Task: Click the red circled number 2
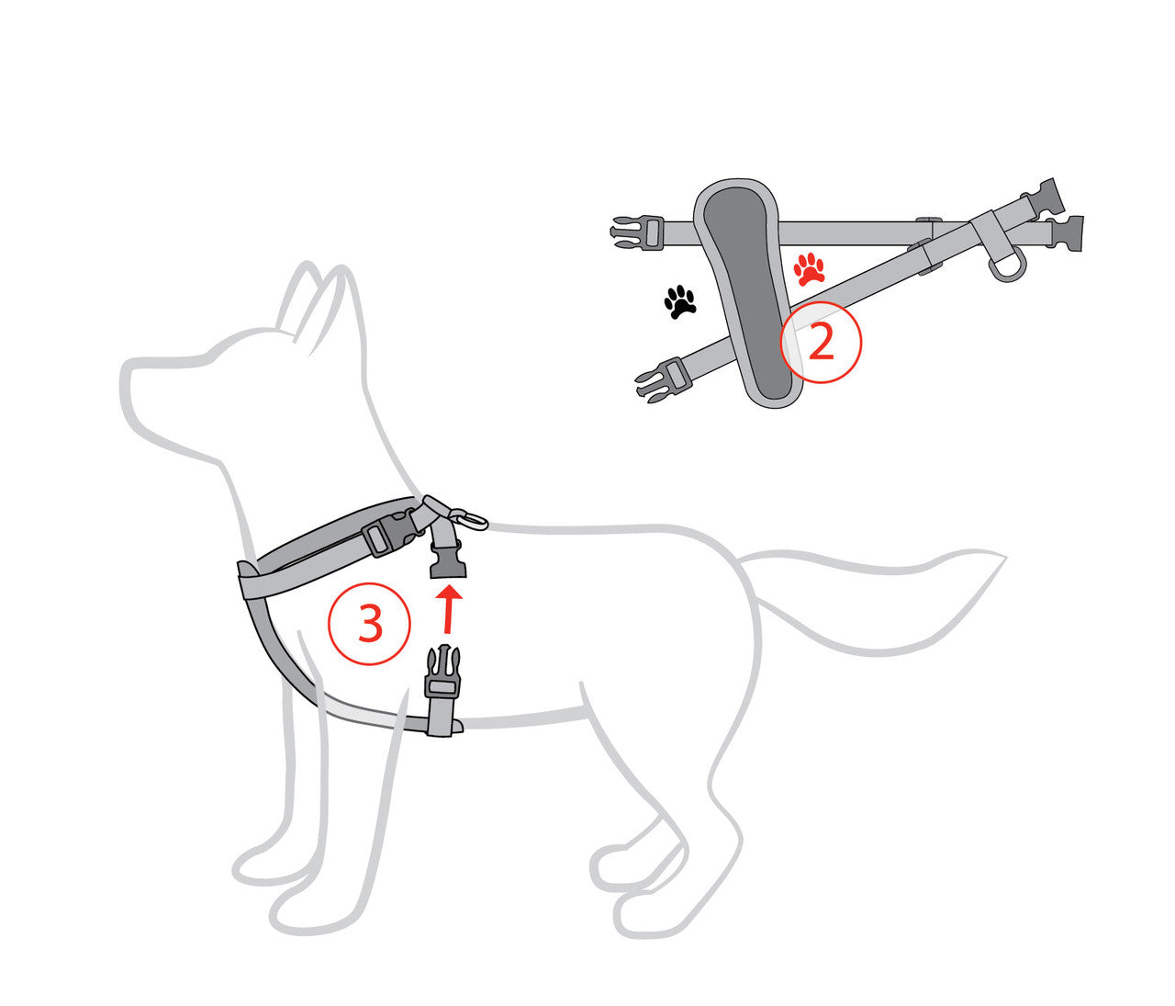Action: click(821, 342)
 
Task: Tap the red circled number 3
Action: click(369, 625)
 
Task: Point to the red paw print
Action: click(809, 268)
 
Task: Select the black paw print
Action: click(679, 301)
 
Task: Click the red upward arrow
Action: click(448, 611)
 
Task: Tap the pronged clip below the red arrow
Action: click(442, 675)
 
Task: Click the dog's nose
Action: click(127, 375)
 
